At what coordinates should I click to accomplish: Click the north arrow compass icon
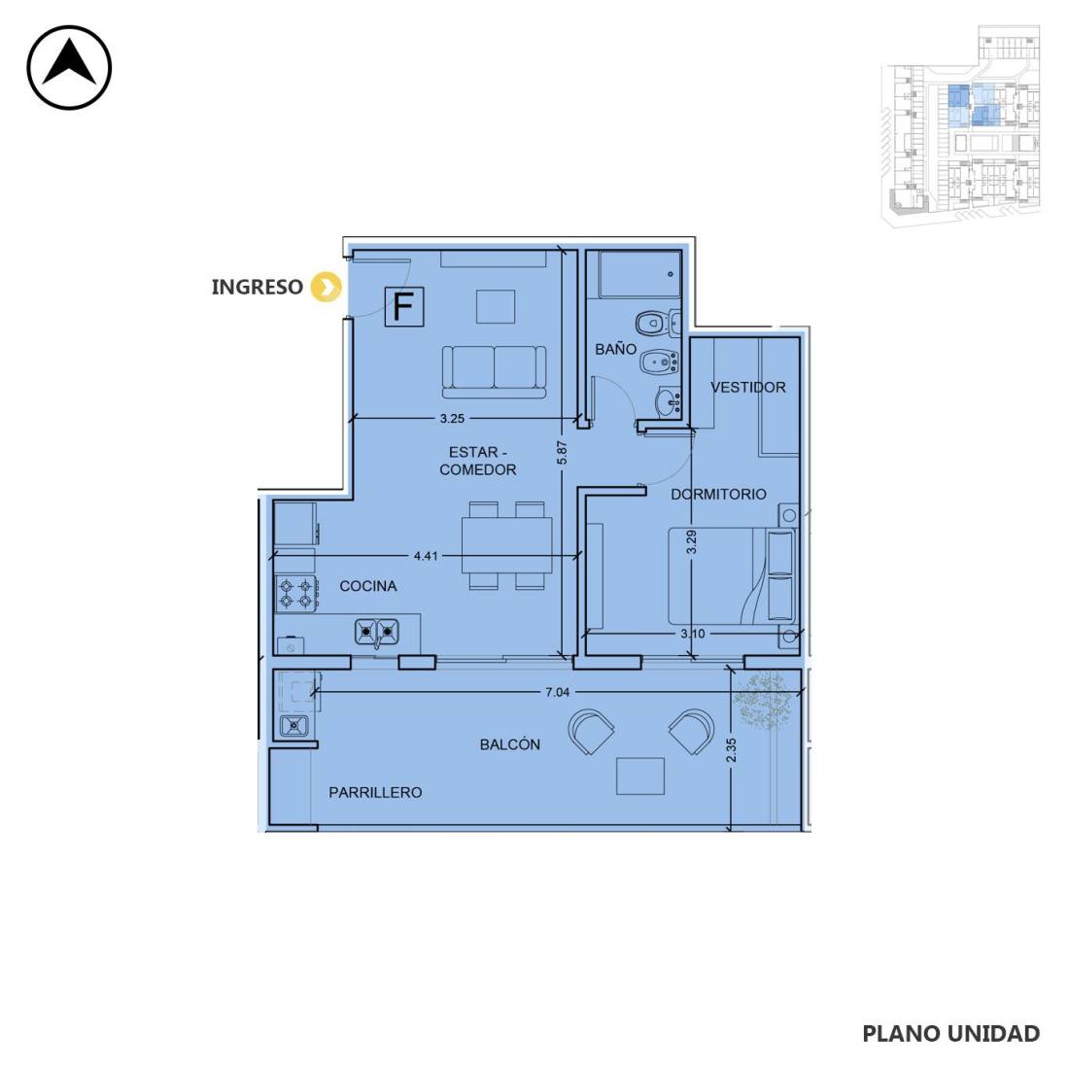tap(69, 67)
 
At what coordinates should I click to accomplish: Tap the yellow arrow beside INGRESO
tap(326, 287)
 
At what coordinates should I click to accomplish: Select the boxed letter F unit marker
tap(404, 306)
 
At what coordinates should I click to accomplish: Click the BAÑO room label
tap(615, 349)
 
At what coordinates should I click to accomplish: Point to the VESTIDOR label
tap(748, 387)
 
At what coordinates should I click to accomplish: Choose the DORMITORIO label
tap(718, 495)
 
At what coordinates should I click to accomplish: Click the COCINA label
tap(368, 586)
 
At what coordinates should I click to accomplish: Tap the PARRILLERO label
tap(375, 792)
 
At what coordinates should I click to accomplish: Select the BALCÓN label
tap(510, 744)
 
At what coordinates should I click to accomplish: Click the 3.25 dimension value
tap(452, 419)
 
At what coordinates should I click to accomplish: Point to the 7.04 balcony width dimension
tap(557, 692)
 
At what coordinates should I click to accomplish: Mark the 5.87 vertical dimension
tap(562, 453)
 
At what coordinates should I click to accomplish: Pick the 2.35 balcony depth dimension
tap(731, 750)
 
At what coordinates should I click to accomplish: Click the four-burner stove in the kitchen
tap(295, 594)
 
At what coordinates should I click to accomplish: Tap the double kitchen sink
tap(376, 632)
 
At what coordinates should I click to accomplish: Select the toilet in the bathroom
tap(653, 322)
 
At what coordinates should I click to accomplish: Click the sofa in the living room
tap(495, 371)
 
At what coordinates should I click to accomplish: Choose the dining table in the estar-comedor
tap(506, 545)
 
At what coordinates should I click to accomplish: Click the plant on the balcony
tap(764, 699)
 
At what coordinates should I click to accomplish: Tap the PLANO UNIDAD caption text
tap(951, 1034)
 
